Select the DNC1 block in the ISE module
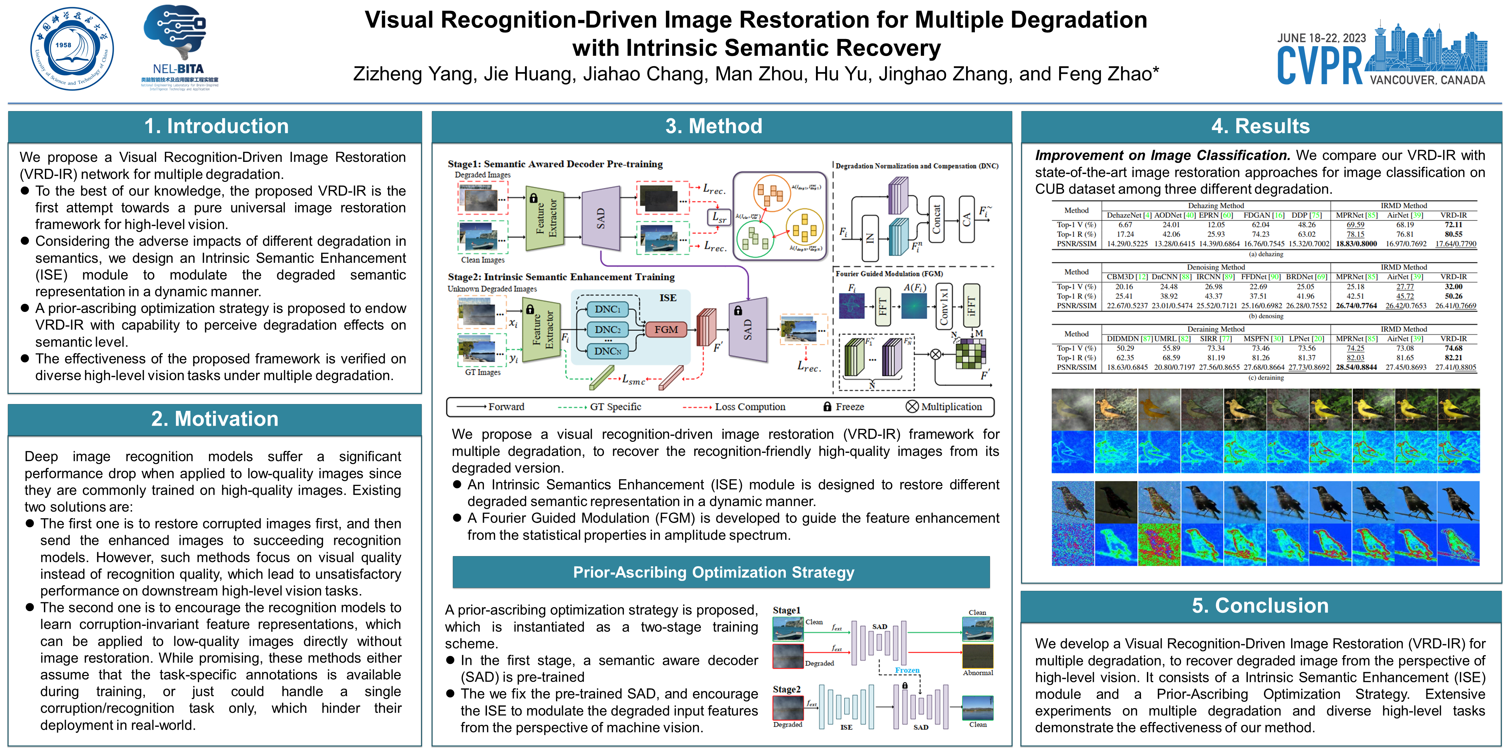(x=607, y=309)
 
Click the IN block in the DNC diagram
(x=870, y=237)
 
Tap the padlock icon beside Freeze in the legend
(x=827, y=406)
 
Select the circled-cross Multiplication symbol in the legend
(x=912, y=406)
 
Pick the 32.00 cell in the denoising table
(x=1453, y=287)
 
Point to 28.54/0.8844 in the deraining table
(x=1356, y=368)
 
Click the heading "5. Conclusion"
(x=1260, y=606)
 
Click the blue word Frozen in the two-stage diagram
(x=907, y=670)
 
